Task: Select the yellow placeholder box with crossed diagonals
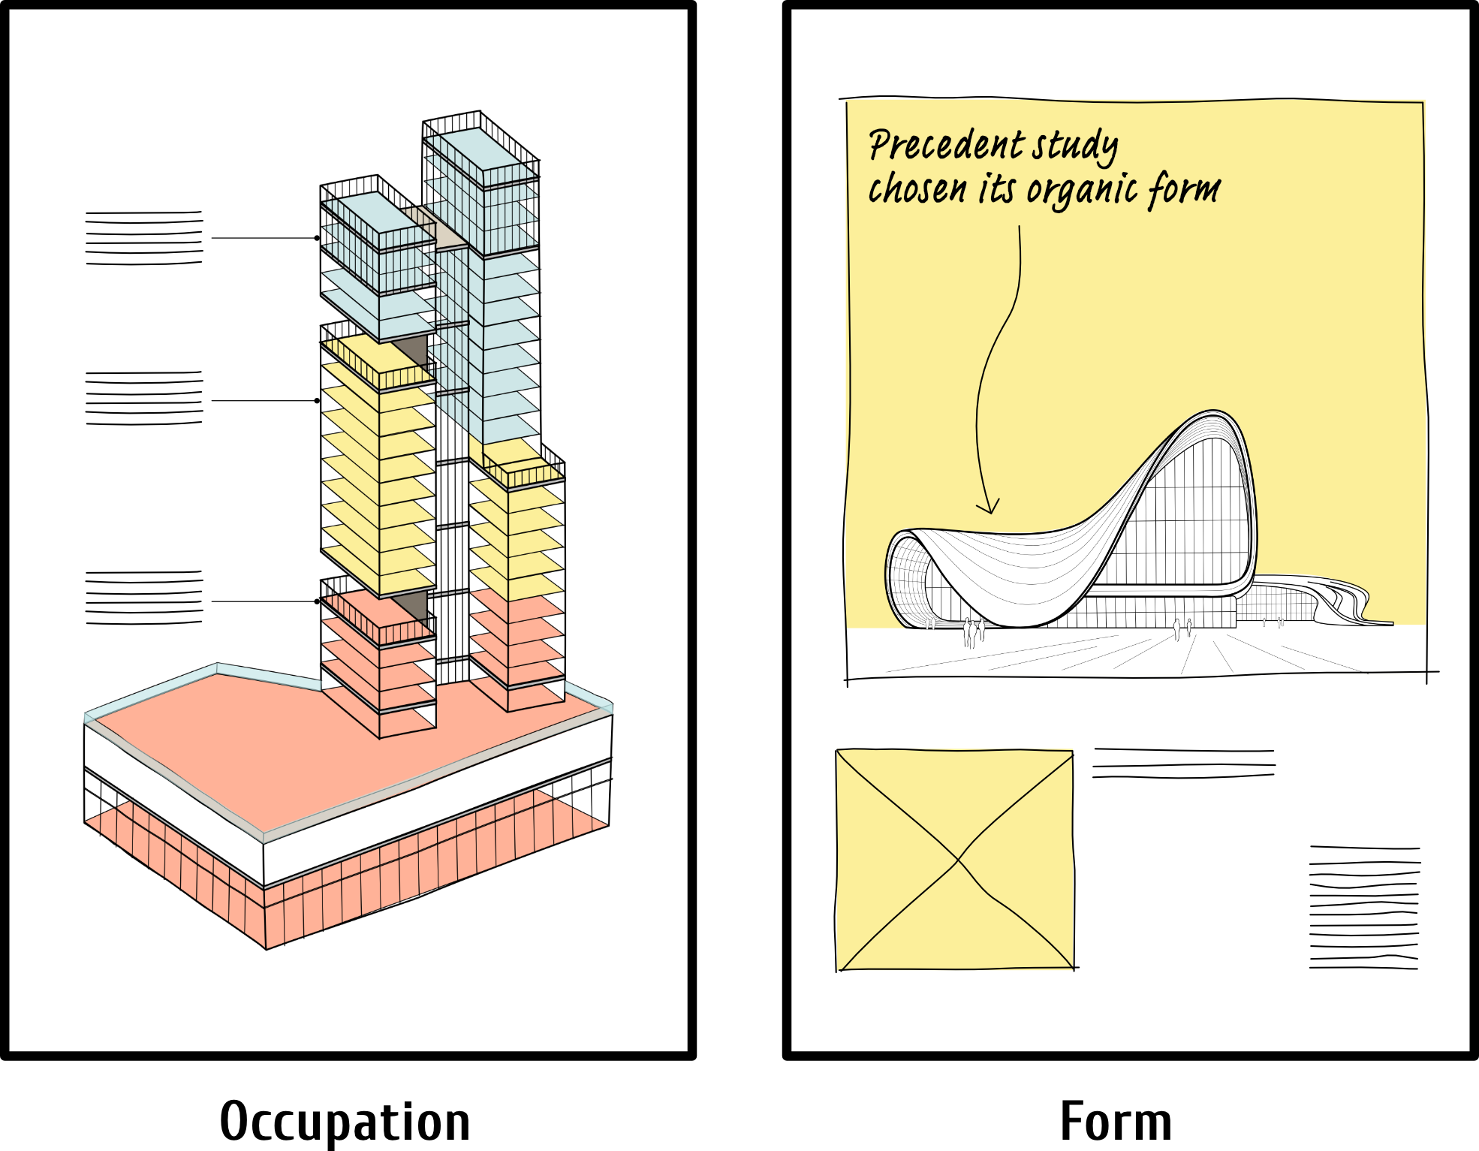[x=955, y=860]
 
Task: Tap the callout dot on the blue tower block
[x=317, y=238]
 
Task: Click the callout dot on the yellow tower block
[x=317, y=401]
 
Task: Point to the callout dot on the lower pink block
[x=317, y=601]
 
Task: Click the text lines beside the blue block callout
[x=144, y=237]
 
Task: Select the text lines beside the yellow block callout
[x=144, y=398]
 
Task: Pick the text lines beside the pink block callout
[x=144, y=598]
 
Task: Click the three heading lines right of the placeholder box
[x=1184, y=763]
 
